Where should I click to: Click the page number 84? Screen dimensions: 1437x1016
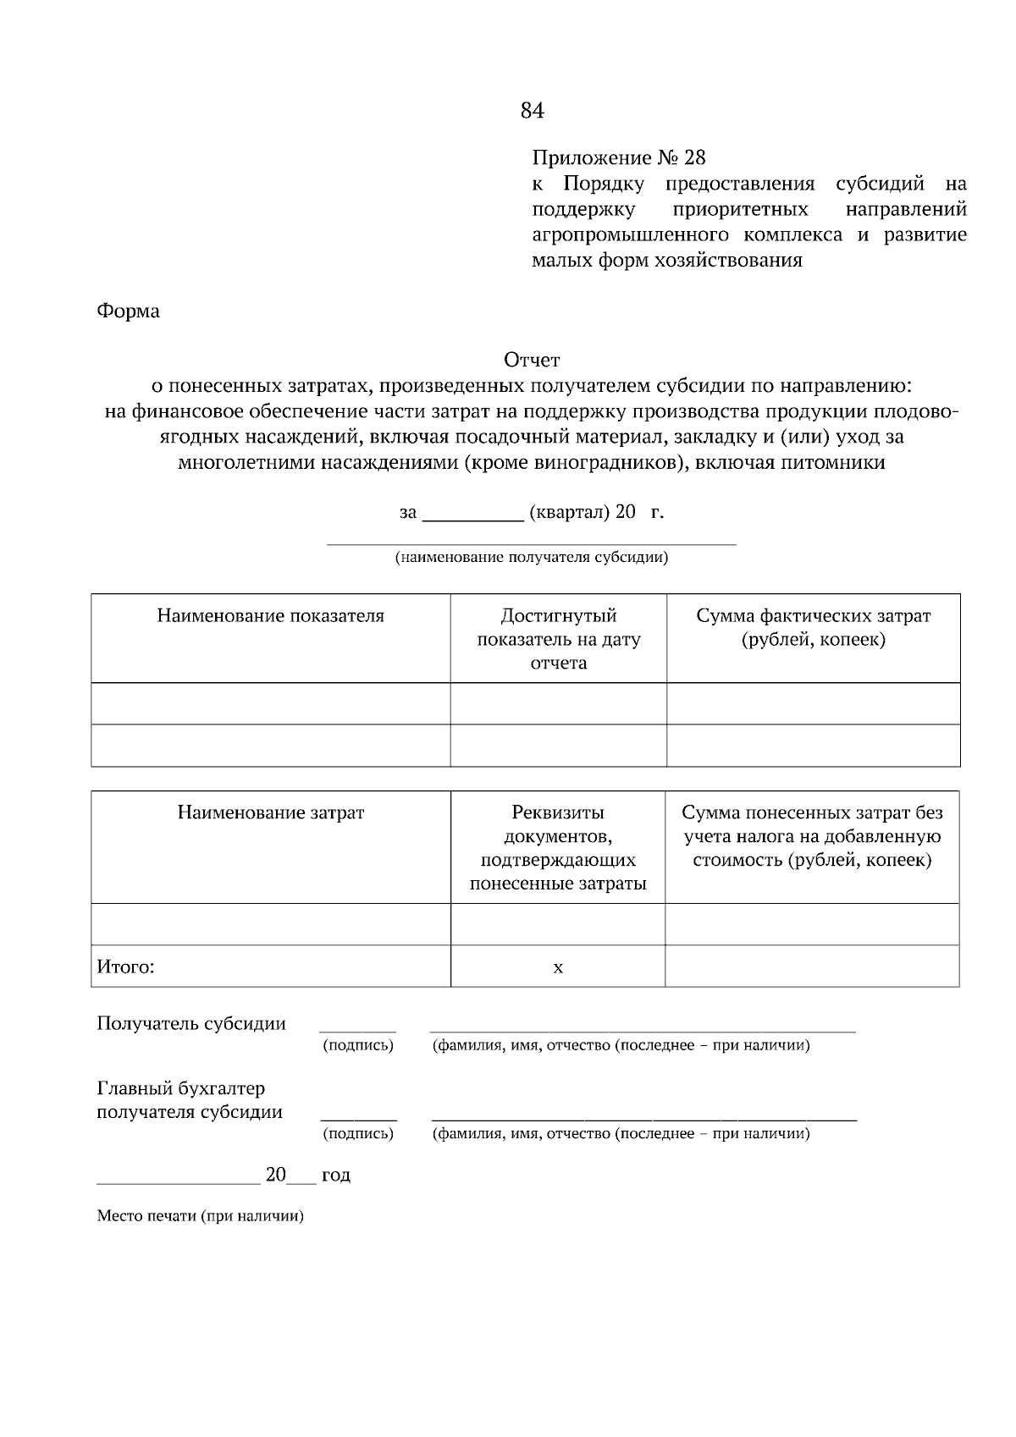pos(532,111)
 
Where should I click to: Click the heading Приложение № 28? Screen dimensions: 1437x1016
pos(618,158)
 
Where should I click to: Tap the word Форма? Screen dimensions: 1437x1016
pos(128,311)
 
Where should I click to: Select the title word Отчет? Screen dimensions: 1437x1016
pos(532,361)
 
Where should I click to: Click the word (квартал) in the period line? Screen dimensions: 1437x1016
pos(569,513)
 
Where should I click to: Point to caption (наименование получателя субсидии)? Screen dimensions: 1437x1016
pos(532,558)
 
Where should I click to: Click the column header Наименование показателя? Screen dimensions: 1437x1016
pos(270,616)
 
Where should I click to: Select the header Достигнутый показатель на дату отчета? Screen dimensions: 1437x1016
pos(558,639)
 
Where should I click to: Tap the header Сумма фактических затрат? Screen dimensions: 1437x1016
pos(813,627)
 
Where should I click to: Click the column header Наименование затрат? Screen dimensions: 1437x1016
pos(270,813)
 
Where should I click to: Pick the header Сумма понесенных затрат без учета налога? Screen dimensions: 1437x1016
pos(812,836)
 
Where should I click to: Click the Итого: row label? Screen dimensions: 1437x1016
pos(125,966)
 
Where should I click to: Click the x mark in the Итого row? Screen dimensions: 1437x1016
pos(558,967)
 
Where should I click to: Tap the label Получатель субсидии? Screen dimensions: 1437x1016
pos(191,1024)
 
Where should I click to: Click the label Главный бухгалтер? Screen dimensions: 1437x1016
pos(181,1088)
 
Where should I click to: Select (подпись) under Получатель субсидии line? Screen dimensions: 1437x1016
pos(358,1046)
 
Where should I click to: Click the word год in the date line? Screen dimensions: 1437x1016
pos(336,1175)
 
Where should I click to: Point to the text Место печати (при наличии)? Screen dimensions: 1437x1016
pos(200,1217)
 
